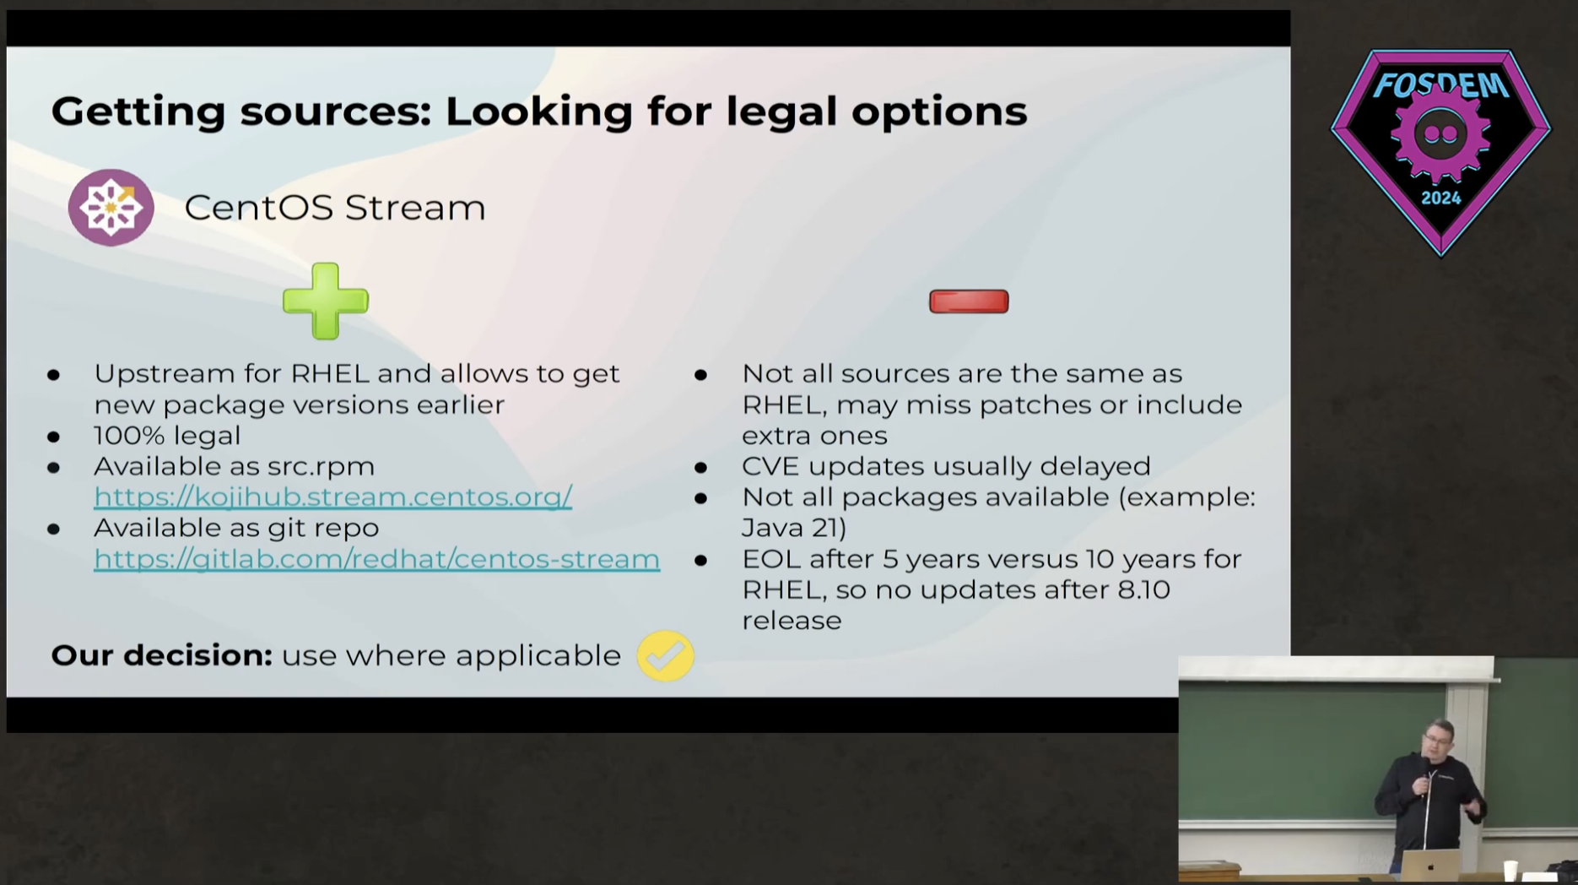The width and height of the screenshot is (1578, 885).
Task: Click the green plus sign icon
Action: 326,301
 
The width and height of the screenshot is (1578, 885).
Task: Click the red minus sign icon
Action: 969,301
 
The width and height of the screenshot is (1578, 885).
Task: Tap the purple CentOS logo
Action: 111,208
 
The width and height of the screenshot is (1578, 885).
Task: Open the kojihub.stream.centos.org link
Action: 333,497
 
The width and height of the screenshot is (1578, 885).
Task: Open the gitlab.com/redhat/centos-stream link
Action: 376,558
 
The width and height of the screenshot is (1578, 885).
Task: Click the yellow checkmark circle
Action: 666,656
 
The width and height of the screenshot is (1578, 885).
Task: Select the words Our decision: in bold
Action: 162,655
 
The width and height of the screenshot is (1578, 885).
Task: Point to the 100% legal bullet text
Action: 167,436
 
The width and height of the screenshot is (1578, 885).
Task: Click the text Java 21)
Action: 794,528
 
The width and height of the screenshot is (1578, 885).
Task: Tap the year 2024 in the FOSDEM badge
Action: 1440,198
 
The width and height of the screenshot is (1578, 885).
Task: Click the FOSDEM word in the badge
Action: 1441,85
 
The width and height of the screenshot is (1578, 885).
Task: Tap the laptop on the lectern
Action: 1430,865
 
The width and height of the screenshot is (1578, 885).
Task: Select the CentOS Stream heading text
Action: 335,208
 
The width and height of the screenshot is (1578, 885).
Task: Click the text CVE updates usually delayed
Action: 946,466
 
